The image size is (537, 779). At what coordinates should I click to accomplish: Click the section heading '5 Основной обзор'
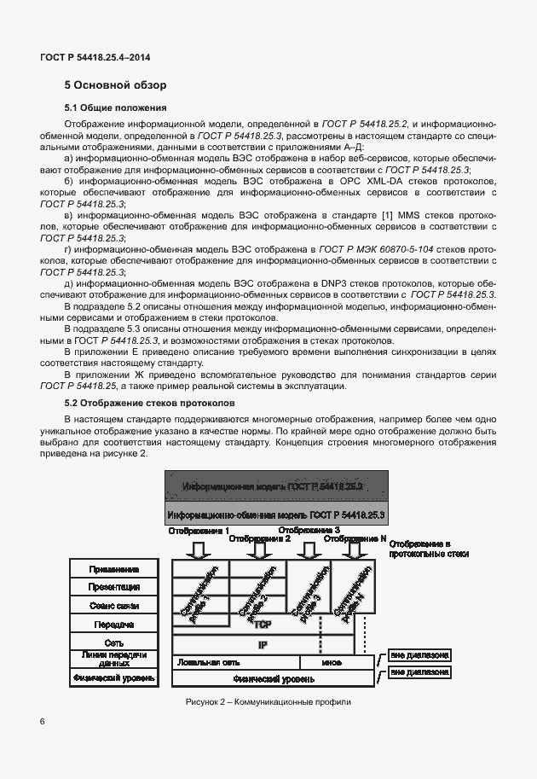(116, 85)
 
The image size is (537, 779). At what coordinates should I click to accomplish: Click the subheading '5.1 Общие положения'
(115, 108)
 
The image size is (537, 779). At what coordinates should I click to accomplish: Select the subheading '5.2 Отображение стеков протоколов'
(145, 403)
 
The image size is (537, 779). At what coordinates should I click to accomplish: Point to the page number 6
(43, 722)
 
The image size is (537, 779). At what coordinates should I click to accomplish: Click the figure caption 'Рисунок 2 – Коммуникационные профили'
(268, 701)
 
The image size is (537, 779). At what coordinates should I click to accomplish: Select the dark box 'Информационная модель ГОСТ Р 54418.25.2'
(276, 486)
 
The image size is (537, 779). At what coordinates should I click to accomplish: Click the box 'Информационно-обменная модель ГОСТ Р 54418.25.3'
(276, 515)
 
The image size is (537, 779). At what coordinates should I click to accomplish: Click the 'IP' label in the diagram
(263, 645)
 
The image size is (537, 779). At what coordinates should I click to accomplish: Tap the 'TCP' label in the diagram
(263, 625)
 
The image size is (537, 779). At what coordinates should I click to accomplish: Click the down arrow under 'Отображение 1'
(197, 548)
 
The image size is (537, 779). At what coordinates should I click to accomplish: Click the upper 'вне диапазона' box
(419, 656)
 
